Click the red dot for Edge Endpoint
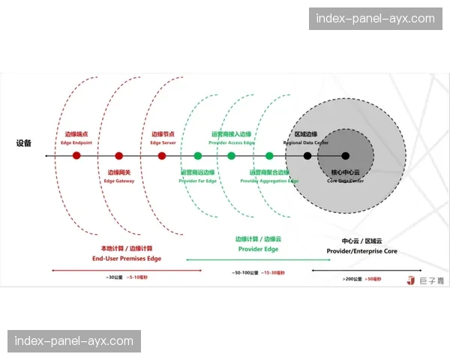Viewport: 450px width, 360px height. pos(76,156)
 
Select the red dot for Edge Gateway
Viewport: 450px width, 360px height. pos(119,156)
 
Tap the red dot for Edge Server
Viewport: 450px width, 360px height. pos(162,156)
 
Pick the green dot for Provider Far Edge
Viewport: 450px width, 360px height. pos(198,156)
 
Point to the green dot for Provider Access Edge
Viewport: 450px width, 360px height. pos(231,156)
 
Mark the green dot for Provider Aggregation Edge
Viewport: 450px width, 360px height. pos(269,156)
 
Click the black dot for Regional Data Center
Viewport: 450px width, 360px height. pos(307,156)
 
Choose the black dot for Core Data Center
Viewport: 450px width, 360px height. pos(346,156)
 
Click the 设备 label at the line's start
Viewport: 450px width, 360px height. pos(24,143)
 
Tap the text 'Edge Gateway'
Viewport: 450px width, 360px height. pos(120,181)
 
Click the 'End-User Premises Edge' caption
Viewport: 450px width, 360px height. pos(127,258)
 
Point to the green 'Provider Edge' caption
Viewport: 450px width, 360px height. pos(258,248)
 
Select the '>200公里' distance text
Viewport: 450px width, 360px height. pos(352,279)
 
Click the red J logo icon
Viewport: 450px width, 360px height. pos(410,280)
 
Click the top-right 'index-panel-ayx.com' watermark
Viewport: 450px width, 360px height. pos(375,18)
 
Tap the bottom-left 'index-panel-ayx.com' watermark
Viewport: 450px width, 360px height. pos(74,341)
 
